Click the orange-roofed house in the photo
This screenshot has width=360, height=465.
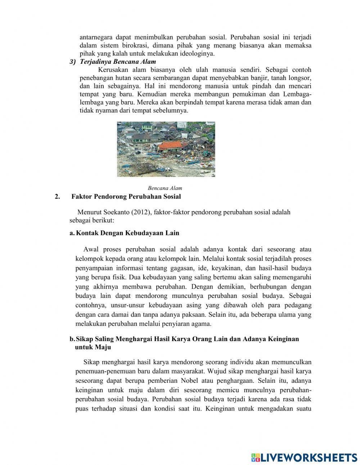pyautogui.click(x=170, y=146)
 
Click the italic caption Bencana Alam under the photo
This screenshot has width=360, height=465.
pyautogui.click(x=165, y=188)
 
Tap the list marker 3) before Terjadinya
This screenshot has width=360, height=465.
pyautogui.click(x=73, y=62)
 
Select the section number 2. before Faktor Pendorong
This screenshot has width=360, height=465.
pyautogui.click(x=57, y=197)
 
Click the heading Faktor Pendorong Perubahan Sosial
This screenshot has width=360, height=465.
pyautogui.click(x=126, y=197)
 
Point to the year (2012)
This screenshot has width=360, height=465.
pyautogui.click(x=141, y=212)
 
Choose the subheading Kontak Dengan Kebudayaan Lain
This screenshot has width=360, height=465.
pyautogui.click(x=127, y=233)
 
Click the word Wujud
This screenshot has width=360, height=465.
pyautogui.click(x=222, y=371)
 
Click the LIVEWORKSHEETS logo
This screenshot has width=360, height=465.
pyautogui.click(x=304, y=457)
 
